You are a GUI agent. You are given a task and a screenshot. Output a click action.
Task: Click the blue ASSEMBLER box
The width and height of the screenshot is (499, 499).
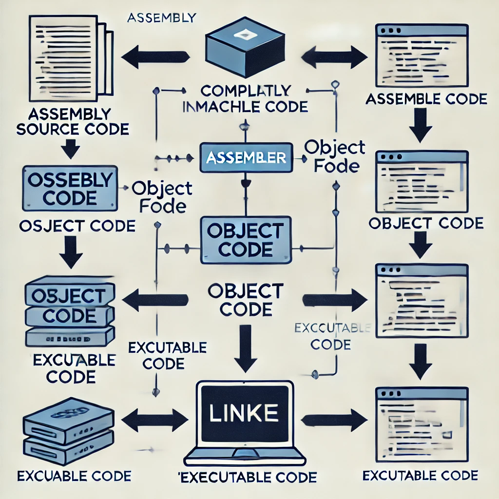[x=246, y=158]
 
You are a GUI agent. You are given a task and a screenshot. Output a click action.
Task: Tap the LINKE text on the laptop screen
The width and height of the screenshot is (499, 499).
[x=244, y=413]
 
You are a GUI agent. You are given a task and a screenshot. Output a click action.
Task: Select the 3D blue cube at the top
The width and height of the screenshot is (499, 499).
[x=245, y=49]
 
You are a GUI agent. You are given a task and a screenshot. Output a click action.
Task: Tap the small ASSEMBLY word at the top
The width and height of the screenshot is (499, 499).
[x=161, y=18]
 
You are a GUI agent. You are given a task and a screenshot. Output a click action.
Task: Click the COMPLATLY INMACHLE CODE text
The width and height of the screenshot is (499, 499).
[x=246, y=98]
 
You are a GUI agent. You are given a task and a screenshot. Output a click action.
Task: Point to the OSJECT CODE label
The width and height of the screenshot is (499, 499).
[x=76, y=226]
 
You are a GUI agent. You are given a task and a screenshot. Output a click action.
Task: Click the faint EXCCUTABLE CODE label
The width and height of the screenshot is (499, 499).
[x=331, y=336]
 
